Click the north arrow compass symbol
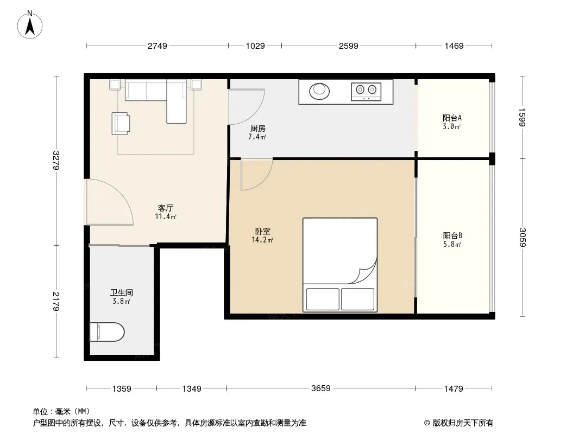pos(30,24)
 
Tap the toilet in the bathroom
pos(106,332)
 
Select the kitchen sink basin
pos(319,91)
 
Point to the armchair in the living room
pos(121,123)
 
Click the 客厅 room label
pos(166,208)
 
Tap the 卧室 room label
pos(262,232)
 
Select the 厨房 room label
pos(257,129)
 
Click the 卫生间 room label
pos(122,293)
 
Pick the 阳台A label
pos(452,118)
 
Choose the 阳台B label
pos(452,235)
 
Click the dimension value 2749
pos(158,46)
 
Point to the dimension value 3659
pos(320,388)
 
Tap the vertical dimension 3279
pos(56,161)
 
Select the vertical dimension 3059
pos(522,238)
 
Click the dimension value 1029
pos(255,46)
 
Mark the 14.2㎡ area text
pos(262,240)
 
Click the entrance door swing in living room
pos(109,202)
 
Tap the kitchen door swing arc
pos(247,106)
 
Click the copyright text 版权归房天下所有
pos(463,423)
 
